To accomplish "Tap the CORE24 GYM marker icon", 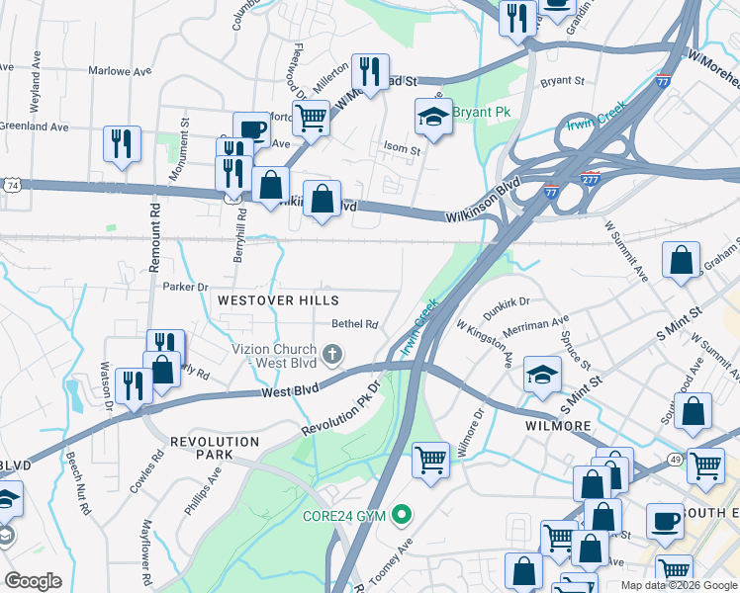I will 402,515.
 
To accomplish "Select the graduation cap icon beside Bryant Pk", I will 432,118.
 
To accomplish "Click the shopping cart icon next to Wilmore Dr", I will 430,460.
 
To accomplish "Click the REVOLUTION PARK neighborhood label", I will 215,449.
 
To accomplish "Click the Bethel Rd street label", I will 355,323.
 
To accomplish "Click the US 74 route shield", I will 11,185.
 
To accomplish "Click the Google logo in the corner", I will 33,581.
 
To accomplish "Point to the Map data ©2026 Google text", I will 678,585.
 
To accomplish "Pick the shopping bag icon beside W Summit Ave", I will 683,262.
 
